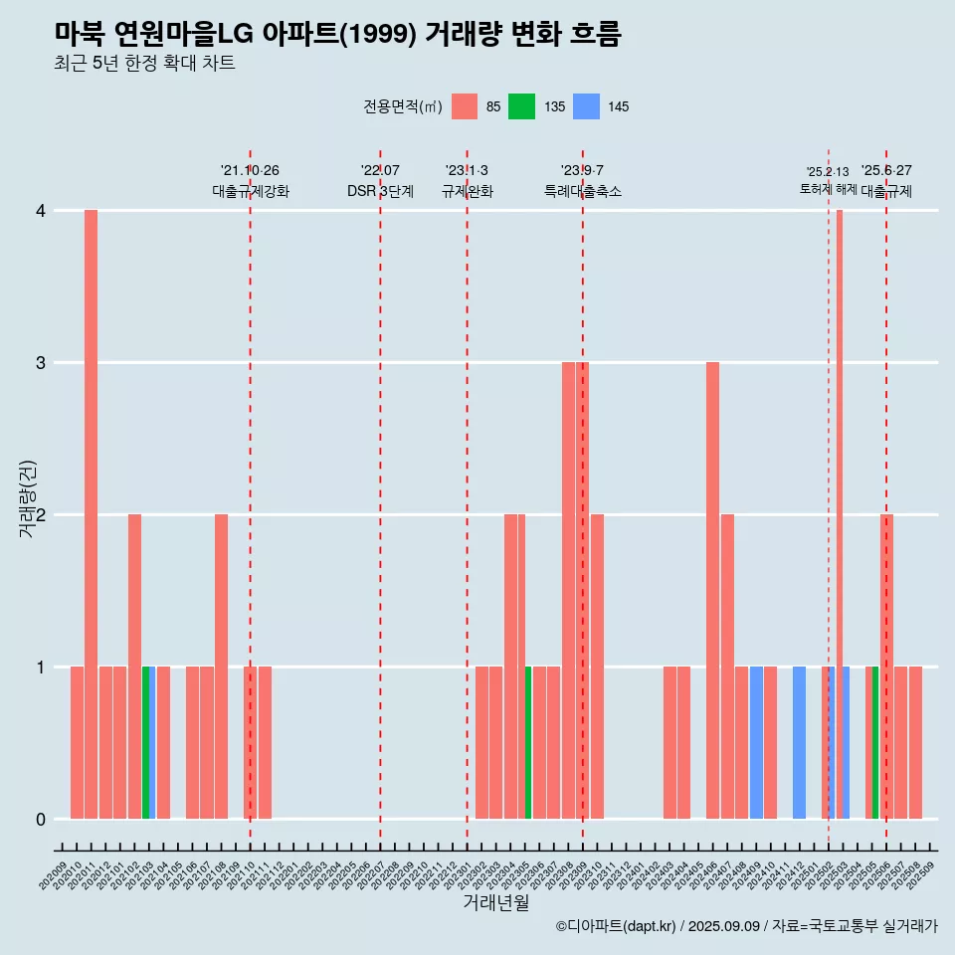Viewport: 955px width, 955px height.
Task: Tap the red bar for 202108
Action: (221, 667)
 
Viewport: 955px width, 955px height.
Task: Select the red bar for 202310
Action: (597, 667)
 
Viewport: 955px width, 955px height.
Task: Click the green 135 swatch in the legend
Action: (521, 106)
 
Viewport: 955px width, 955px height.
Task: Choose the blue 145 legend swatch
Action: (587, 106)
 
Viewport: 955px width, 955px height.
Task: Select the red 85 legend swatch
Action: (465, 106)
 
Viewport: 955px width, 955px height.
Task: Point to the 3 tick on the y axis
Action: (41, 363)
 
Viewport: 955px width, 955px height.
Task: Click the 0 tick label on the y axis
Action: (41, 820)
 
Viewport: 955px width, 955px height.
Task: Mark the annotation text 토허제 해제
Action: (828, 189)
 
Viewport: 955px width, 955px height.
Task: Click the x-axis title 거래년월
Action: (495, 903)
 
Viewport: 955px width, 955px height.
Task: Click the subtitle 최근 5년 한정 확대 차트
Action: (145, 64)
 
